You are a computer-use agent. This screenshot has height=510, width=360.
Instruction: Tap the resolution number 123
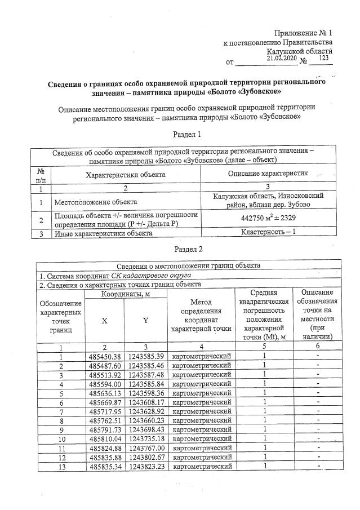coord(323,58)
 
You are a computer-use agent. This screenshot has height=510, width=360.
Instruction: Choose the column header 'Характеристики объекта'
coord(125,175)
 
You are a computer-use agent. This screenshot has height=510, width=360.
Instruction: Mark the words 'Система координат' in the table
coord(75,275)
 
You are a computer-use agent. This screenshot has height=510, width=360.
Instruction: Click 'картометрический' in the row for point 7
coord(201,411)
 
